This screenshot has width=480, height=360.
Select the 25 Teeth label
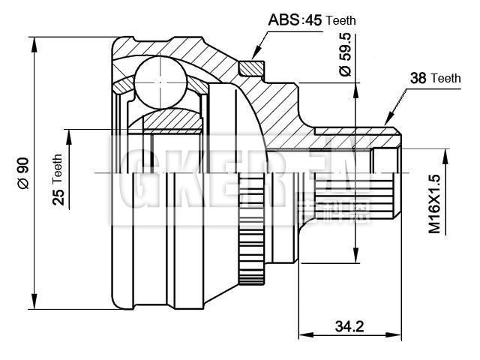[58, 180]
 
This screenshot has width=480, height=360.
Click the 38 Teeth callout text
[435, 78]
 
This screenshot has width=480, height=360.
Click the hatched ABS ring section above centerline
[252, 67]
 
